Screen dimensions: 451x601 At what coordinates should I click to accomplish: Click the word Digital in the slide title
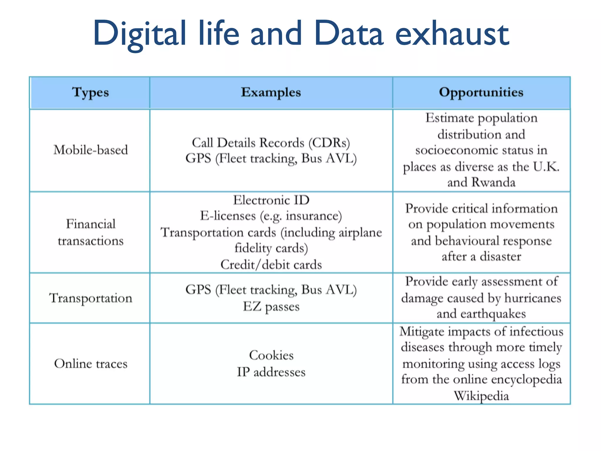click(x=140, y=34)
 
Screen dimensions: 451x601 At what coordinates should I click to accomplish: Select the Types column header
click(x=90, y=92)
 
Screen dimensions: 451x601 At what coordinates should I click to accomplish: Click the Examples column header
click(x=271, y=92)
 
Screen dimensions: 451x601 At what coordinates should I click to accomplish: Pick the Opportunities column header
click(x=481, y=92)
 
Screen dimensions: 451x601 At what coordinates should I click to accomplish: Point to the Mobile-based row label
click(x=91, y=150)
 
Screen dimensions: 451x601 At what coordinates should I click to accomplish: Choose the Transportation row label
click(x=91, y=298)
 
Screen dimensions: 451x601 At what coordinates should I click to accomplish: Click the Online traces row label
click(x=91, y=364)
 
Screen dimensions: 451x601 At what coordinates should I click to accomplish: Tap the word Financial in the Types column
click(x=91, y=224)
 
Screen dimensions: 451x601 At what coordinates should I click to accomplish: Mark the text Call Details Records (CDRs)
click(x=271, y=143)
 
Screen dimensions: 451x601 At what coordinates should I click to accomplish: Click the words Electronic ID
click(x=271, y=200)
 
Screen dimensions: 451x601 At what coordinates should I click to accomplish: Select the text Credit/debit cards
click(x=271, y=265)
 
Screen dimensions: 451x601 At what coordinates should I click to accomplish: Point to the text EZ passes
click(x=271, y=307)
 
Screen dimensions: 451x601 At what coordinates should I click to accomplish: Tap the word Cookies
click(x=271, y=355)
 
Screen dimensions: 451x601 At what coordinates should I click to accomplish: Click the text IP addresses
click(x=271, y=372)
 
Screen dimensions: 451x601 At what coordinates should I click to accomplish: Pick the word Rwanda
click(x=493, y=182)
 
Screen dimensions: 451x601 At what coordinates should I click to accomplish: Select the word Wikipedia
click(x=481, y=396)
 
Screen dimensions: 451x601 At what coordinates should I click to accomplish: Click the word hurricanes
click(x=533, y=298)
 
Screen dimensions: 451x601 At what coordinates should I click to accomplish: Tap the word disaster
click(x=500, y=257)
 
